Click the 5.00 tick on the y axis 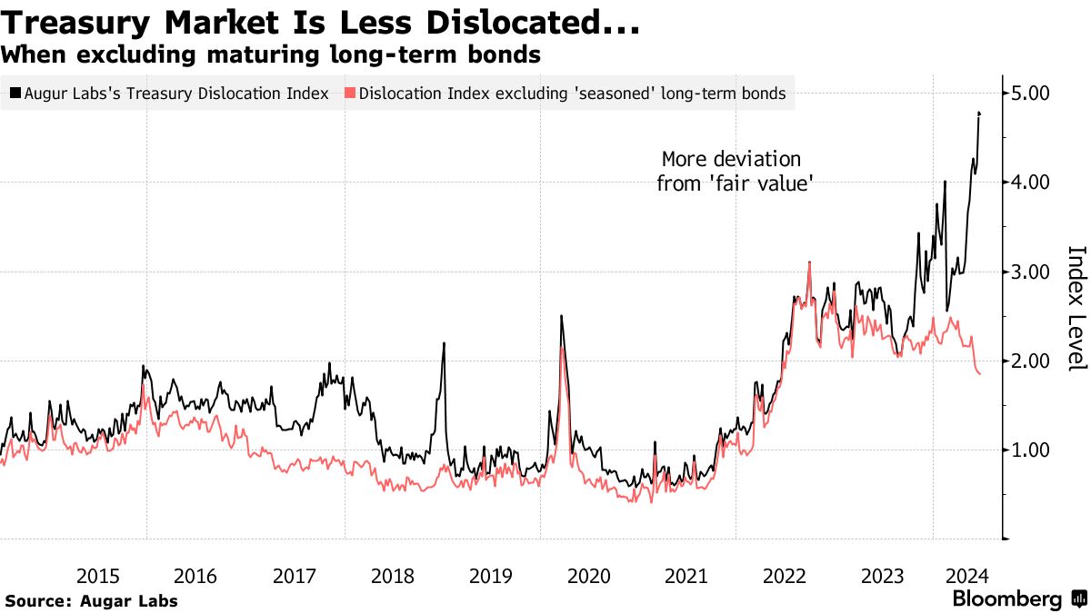[1031, 93]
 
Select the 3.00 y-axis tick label [1031, 272]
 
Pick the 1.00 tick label [1031, 450]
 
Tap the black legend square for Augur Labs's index [15, 93]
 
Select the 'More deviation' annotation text [731, 160]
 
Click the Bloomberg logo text [1006, 598]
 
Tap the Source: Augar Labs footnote [91, 600]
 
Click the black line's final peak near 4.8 [979, 113]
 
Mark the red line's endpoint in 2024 [979, 374]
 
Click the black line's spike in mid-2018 [444, 343]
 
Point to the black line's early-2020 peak [561, 316]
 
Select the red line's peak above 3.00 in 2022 [809, 262]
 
